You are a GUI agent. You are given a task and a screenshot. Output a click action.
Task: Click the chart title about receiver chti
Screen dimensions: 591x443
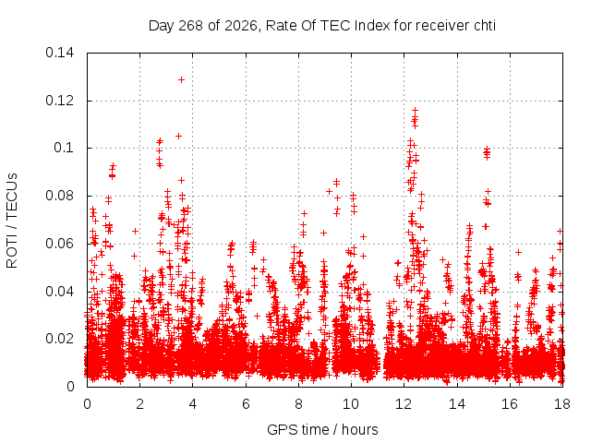click(x=322, y=26)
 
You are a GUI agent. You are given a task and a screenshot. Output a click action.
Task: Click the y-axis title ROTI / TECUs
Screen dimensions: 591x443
click(x=12, y=221)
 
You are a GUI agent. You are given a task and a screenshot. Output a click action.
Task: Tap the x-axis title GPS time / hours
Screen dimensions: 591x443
click(x=322, y=429)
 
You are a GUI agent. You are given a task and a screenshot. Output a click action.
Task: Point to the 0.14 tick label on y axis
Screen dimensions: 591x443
click(x=59, y=53)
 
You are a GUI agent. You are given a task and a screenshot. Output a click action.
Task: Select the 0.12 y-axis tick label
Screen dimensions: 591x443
click(x=59, y=101)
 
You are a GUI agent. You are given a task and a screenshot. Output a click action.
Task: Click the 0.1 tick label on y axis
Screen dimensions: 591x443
click(x=64, y=148)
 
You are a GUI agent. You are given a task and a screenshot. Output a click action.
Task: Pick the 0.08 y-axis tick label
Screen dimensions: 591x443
click(x=59, y=196)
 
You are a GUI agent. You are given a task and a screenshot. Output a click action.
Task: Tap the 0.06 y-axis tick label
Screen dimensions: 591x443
click(x=59, y=244)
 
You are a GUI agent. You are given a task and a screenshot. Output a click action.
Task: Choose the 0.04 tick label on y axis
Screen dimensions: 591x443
click(x=59, y=292)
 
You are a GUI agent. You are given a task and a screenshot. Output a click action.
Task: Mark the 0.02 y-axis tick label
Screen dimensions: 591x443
click(x=59, y=339)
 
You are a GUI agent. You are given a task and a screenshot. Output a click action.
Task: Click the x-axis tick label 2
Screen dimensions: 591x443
click(x=139, y=404)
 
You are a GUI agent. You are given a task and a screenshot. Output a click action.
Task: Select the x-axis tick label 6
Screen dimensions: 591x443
click(x=246, y=404)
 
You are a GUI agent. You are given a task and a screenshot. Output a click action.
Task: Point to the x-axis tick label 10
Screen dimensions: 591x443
click(x=351, y=404)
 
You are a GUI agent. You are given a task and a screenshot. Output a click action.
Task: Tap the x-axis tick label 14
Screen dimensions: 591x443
click(x=457, y=404)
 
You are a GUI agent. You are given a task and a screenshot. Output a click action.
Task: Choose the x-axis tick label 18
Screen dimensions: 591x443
click(x=562, y=404)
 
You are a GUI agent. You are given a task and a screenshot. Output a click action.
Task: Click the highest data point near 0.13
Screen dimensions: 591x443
click(x=181, y=80)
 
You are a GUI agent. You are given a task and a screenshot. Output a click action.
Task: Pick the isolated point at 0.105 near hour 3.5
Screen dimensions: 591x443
click(x=178, y=136)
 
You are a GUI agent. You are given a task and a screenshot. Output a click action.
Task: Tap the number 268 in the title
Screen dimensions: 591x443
click(x=191, y=26)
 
